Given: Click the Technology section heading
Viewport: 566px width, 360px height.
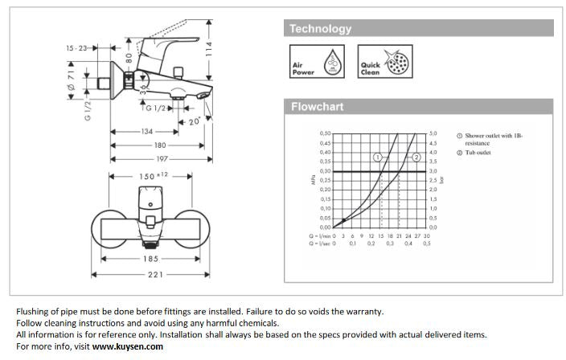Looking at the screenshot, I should coord(321,29).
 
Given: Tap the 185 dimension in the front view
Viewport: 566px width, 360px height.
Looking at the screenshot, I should coord(150,259).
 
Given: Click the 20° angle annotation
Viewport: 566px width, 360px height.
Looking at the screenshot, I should coord(194,121).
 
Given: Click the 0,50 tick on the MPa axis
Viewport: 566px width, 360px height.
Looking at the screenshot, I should coord(325,133).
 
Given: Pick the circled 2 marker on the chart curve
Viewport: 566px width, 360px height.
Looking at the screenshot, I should coord(416,157).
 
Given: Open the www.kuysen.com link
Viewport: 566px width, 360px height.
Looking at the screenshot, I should coord(128,346).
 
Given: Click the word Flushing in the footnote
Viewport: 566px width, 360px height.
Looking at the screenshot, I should coord(33,312).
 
